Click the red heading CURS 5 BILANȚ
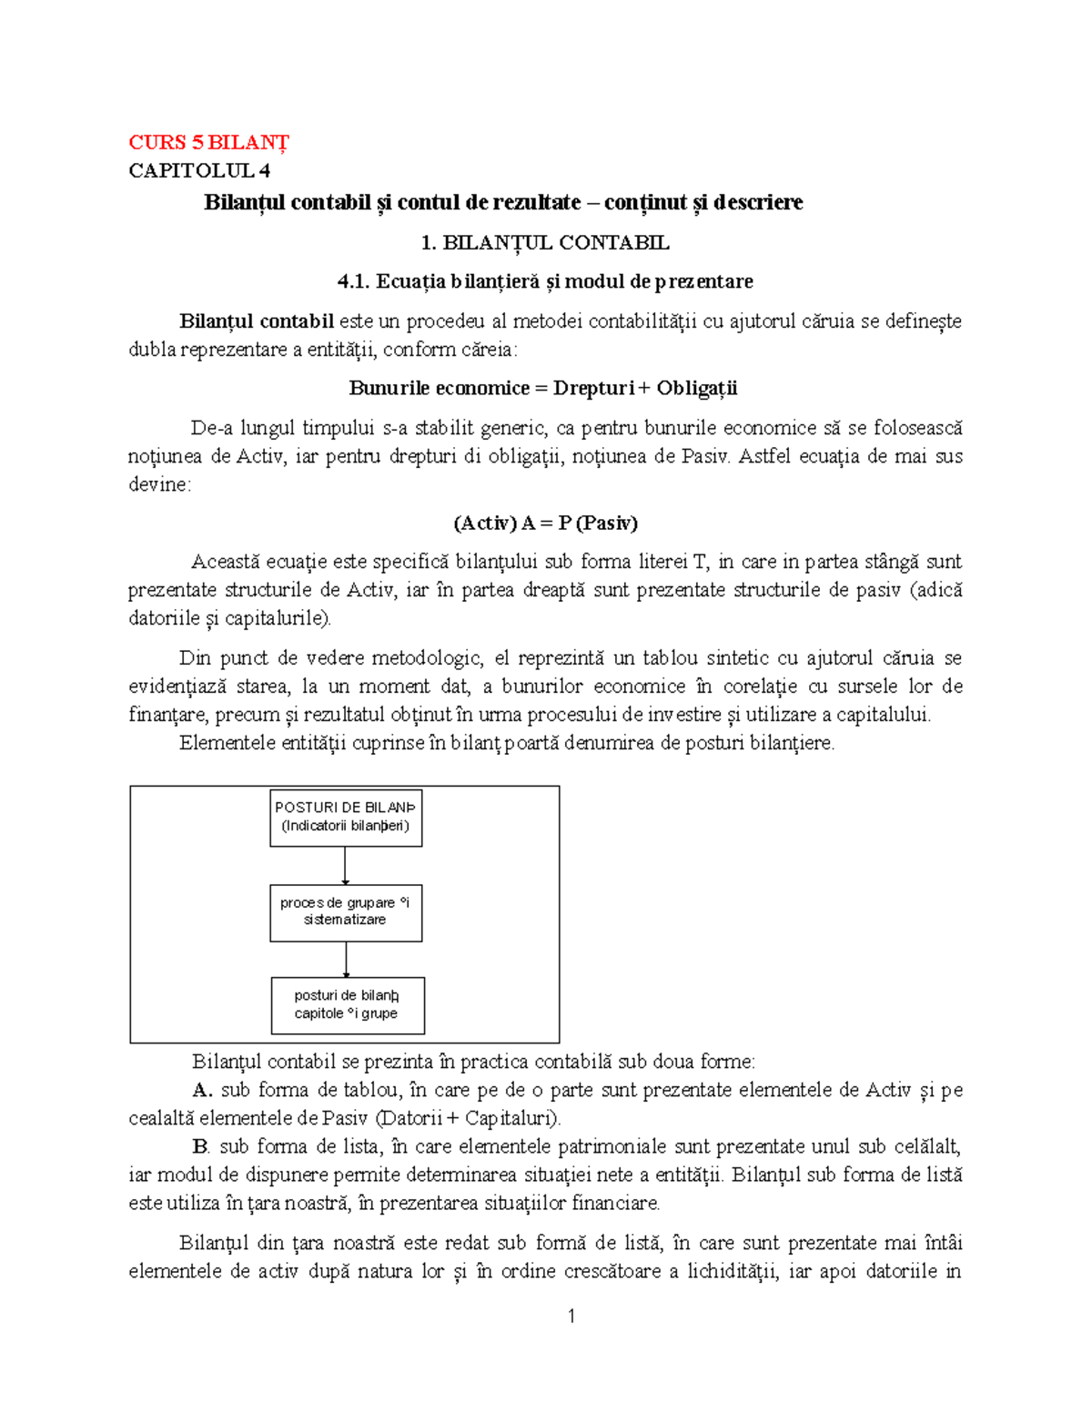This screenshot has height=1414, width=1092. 208,142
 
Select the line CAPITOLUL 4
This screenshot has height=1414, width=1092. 199,170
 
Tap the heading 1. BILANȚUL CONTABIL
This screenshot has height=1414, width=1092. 545,242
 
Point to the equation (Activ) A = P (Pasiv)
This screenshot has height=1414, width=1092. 545,523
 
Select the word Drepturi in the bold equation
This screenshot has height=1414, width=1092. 593,388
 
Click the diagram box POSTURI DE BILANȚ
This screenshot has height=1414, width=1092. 346,817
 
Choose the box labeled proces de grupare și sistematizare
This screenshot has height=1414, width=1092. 346,911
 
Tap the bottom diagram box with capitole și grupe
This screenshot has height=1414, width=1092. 347,1004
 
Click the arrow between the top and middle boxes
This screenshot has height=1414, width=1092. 346,865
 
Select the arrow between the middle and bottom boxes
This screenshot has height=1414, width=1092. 346,959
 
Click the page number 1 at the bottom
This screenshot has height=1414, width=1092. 571,1316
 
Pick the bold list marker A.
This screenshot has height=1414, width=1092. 202,1090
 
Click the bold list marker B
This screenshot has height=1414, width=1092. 201,1146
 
